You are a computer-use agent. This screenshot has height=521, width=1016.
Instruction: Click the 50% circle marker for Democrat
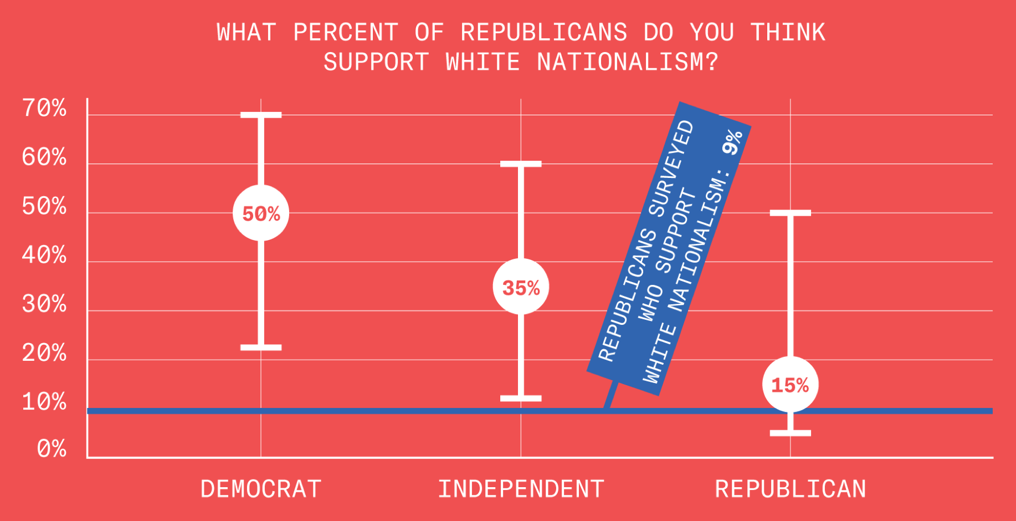point(261,213)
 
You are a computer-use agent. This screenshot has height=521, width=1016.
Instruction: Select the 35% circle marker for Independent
point(521,287)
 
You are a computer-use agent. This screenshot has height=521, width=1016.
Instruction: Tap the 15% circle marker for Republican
point(790,385)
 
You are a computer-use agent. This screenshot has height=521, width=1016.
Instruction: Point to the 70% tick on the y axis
point(44,108)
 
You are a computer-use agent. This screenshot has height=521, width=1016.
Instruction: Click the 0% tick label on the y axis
point(52,448)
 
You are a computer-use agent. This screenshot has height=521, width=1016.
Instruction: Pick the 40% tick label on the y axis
point(44,255)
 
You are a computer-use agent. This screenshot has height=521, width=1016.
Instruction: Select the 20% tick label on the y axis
point(44,353)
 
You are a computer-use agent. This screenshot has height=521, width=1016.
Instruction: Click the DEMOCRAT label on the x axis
point(261,489)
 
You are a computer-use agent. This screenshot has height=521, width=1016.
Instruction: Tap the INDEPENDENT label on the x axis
point(521,489)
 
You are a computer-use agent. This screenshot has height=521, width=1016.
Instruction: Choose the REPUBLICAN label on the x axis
point(791,489)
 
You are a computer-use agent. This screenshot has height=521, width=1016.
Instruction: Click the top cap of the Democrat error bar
point(261,115)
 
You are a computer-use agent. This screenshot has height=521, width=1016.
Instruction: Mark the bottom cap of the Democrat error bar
point(261,348)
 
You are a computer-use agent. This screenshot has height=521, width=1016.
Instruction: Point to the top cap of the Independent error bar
point(521,164)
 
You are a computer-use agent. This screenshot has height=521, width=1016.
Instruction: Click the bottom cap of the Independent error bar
point(521,398)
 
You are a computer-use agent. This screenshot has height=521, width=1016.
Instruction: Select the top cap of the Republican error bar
point(791,213)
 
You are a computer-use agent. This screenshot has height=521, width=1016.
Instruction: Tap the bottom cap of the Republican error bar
point(791,433)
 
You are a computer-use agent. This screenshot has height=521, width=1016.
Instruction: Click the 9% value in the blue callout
point(732,142)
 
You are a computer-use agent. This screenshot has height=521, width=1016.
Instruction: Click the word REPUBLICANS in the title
point(543,32)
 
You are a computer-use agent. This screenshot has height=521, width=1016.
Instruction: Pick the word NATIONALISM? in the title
point(627,62)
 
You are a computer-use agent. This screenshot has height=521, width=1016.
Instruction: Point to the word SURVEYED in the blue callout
point(671,168)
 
